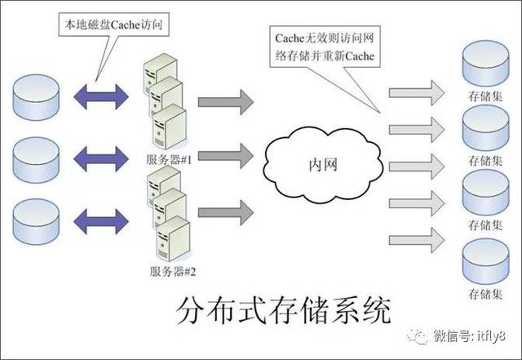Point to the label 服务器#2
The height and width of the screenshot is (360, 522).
(x=170, y=270)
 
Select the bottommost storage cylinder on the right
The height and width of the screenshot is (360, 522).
(x=485, y=260)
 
